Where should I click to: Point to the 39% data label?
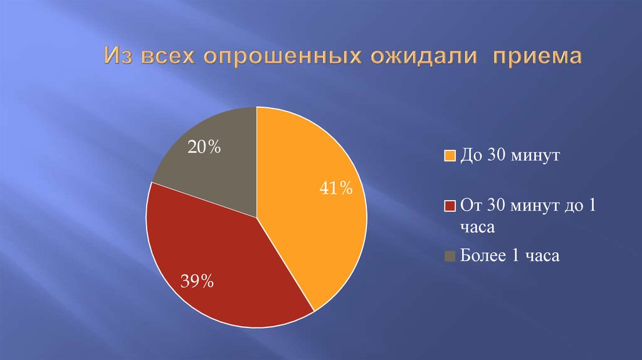[197, 282]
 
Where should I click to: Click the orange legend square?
[449, 156]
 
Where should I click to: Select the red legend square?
[449, 206]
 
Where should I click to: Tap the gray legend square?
[449, 256]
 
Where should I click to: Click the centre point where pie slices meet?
[256, 218]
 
